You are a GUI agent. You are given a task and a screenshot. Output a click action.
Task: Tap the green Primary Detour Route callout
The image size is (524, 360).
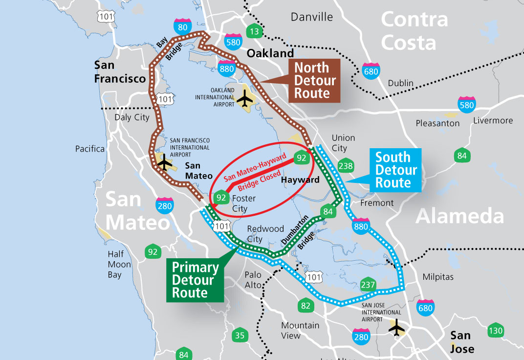click(195, 280)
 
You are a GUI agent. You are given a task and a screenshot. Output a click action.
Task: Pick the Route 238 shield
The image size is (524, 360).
click(346, 165)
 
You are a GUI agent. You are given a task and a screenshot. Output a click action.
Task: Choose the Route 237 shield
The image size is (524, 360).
click(368, 285)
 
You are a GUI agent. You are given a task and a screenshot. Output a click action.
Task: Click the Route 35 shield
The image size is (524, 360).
click(240, 336)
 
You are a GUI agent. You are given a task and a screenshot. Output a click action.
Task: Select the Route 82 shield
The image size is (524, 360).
click(306, 306)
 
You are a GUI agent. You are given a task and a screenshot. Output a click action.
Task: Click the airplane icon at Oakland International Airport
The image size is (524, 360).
click(246, 99)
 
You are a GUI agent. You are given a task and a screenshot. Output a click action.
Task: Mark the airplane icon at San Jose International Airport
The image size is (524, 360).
click(396, 328)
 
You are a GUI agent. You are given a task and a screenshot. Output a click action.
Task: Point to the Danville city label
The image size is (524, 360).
click(311, 17)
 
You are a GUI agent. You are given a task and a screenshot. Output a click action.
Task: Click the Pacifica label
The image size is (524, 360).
click(90, 149)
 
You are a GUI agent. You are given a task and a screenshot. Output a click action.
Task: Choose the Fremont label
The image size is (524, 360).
click(376, 202)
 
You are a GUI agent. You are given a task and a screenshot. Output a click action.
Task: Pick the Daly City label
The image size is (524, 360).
click(132, 117)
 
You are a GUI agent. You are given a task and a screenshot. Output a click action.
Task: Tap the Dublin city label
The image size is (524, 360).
click(401, 83)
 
